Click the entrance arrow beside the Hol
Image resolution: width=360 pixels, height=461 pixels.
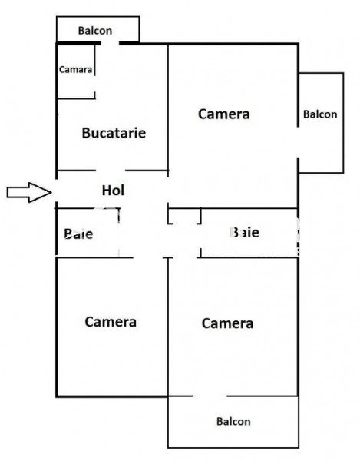coord(29,192)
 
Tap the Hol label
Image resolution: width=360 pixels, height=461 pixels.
coord(113,191)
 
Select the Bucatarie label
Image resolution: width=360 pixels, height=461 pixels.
coord(114,133)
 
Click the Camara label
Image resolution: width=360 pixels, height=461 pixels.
coord(75,70)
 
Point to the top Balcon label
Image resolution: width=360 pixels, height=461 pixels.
coord(95,31)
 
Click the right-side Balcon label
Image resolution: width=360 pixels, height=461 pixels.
coord(320,114)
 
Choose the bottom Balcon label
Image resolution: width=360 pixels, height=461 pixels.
coord(233,421)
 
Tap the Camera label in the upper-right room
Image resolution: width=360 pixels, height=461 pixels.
coord(223,114)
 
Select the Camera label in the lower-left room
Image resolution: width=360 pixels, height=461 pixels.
coord(111,322)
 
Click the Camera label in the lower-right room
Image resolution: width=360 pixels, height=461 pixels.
coord(227,323)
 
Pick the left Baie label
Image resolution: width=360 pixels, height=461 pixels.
coord(78,234)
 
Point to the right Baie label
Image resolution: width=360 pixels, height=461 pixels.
coord(245,233)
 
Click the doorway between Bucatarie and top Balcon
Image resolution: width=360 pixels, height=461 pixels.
coord(110,43)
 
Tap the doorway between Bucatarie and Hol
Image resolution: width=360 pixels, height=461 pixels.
coord(111,171)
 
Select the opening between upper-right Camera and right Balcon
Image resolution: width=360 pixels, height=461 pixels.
coord(298,142)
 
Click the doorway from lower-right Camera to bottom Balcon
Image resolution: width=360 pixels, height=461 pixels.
coord(210,396)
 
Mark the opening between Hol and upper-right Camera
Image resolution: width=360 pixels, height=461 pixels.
coord(168,190)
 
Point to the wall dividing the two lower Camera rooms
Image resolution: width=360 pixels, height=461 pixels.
coord(168,327)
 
